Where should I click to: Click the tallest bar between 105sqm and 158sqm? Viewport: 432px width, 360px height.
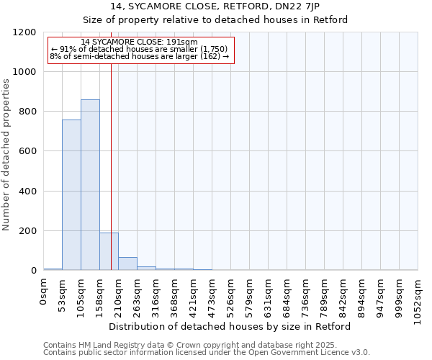[x=90, y=185]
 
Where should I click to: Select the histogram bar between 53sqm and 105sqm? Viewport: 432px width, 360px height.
[x=71, y=195]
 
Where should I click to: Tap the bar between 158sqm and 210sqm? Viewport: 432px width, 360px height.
[x=109, y=251]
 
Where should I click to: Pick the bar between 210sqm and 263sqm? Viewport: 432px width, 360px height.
[x=127, y=264]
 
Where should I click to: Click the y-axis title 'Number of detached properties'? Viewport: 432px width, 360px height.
[x=6, y=156]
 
